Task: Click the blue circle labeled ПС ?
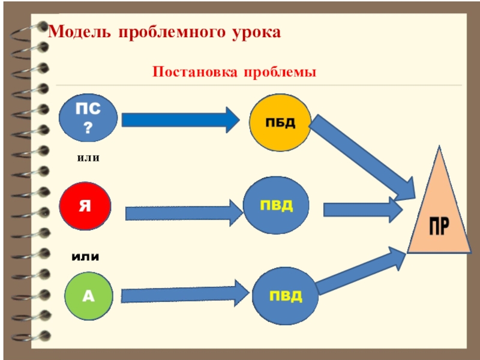point(89,118)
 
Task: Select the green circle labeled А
point(89,295)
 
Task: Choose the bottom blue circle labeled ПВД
point(285,296)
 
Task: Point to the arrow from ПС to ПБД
point(180,119)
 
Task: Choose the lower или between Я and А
point(85,257)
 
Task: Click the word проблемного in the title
point(170,31)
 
